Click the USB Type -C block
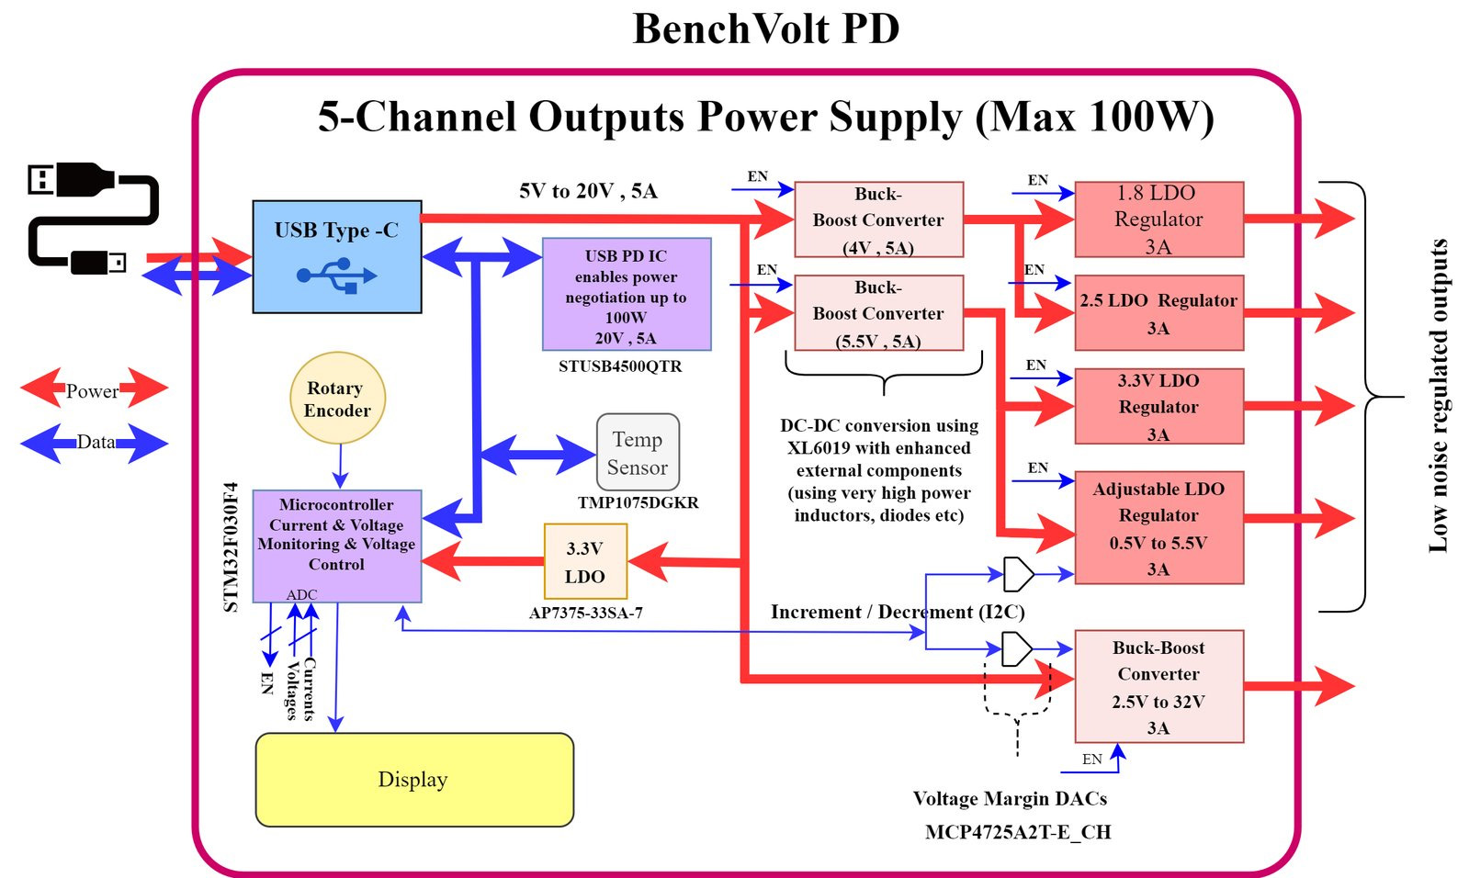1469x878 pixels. point(336,256)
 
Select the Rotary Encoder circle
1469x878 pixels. point(337,399)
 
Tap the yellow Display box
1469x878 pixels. point(413,779)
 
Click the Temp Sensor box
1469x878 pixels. point(638,453)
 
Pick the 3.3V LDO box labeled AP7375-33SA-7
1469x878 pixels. point(585,561)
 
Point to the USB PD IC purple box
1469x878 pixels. point(627,294)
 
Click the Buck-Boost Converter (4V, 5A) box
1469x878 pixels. point(878,219)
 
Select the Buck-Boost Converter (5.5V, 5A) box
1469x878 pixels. point(878,313)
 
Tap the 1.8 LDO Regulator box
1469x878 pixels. point(1158,219)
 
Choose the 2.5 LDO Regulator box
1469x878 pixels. point(1158,313)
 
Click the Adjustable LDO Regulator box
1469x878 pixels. point(1158,528)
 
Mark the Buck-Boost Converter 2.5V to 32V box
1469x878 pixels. point(1158,686)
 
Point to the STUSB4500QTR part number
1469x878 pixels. point(620,366)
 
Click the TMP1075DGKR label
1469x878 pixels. point(638,502)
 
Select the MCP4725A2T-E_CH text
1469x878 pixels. point(1018,832)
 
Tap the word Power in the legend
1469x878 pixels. point(92,391)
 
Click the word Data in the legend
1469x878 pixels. point(96,442)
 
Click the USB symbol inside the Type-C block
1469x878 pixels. point(336,275)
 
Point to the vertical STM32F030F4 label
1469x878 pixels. point(231,546)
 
